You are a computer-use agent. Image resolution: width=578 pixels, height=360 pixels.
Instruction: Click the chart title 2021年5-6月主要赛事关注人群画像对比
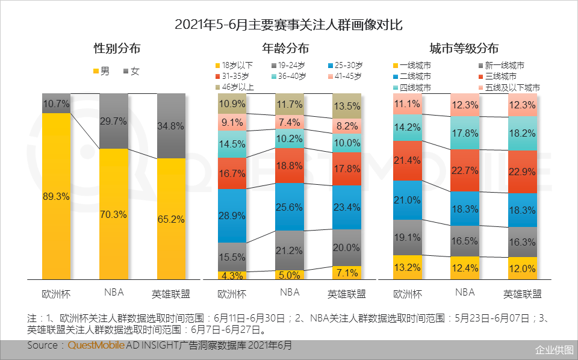click(288, 25)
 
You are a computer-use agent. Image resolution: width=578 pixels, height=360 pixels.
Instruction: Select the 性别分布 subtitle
click(117, 49)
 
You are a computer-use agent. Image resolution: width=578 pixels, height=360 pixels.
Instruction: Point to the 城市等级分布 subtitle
click(464, 49)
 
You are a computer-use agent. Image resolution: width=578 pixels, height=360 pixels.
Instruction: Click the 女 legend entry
click(131, 71)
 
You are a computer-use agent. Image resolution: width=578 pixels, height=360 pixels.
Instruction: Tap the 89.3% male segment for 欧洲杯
click(56, 196)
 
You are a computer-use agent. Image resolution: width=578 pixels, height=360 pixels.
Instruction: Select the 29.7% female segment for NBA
click(113, 121)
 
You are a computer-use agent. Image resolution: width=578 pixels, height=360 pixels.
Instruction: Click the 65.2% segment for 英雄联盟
click(171, 219)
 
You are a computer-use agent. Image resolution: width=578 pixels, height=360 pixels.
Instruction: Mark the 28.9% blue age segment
click(232, 215)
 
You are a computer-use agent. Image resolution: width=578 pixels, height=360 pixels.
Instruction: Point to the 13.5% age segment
click(347, 107)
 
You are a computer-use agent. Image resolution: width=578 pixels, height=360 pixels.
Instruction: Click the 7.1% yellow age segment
click(347, 273)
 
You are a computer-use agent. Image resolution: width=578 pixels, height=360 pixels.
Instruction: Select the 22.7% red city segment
click(465, 170)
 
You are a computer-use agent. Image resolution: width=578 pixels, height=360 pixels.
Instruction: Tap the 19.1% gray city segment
click(407, 237)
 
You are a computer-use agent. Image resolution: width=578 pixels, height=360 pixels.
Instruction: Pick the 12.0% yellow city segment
click(522, 268)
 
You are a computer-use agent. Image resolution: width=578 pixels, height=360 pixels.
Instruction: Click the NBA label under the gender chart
click(113, 293)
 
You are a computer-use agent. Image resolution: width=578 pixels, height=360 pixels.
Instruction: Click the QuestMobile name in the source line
click(96, 346)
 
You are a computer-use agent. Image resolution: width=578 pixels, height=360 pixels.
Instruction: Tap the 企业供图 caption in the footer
click(554, 350)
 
